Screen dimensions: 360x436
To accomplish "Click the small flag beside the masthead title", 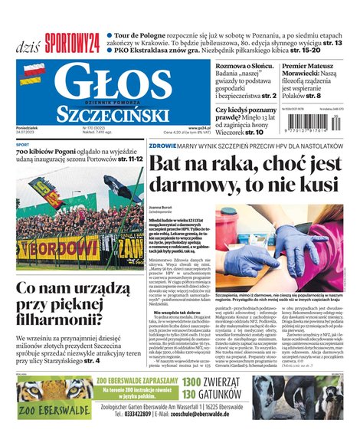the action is click(x=32, y=74).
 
